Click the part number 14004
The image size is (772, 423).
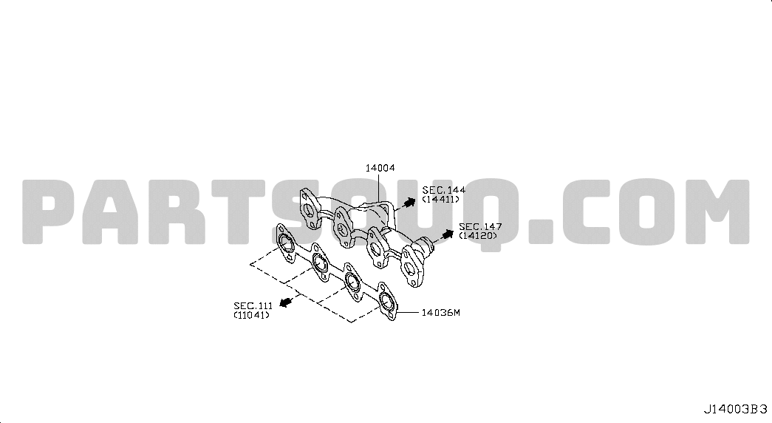tap(380, 168)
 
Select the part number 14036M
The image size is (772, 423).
tap(440, 313)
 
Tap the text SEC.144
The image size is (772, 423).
tap(443, 190)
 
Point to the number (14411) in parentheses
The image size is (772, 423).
tap(440, 199)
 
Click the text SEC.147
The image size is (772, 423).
tap(480, 227)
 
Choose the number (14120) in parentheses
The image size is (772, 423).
tap(478, 236)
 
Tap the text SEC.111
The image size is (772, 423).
tap(253, 305)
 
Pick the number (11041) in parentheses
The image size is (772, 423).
tap(252, 314)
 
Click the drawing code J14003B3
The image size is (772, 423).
tap(735, 409)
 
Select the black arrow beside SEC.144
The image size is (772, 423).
tap(408, 202)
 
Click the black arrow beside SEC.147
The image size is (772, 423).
tap(446, 234)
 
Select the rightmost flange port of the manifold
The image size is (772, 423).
tap(409, 268)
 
